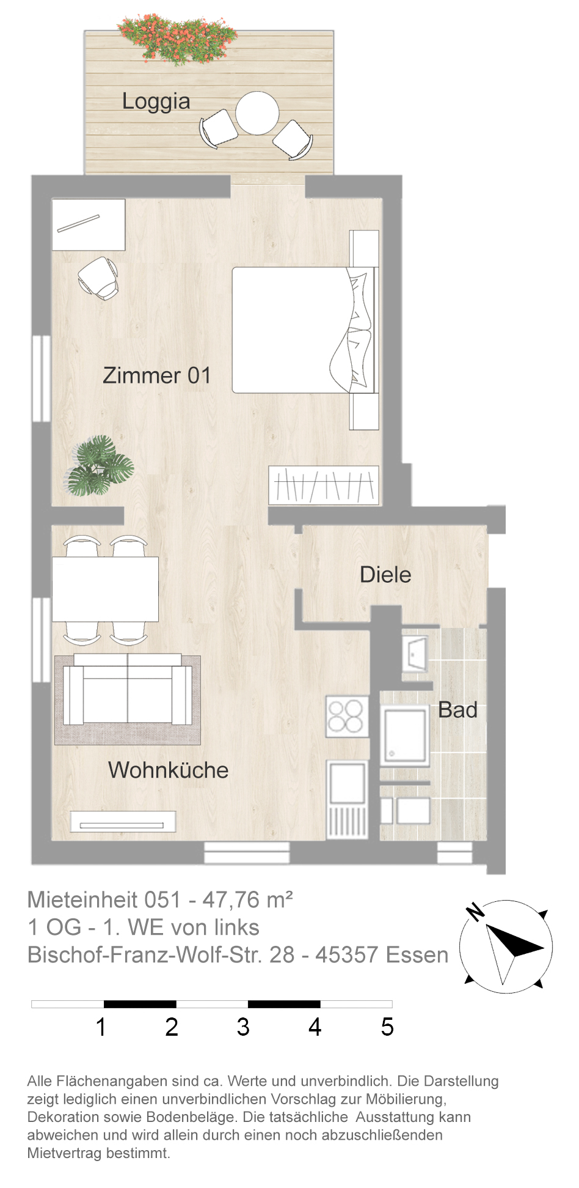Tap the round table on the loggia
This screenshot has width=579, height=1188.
(257, 113)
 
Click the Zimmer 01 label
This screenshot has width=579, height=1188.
(157, 375)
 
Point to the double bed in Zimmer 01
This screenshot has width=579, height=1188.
(305, 330)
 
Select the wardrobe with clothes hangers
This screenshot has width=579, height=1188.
(324, 485)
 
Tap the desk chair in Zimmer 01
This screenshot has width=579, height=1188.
(99, 278)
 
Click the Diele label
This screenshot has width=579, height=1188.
(385, 575)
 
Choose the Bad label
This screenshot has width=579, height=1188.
(457, 710)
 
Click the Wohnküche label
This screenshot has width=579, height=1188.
(168, 770)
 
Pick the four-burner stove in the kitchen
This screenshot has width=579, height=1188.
(347, 716)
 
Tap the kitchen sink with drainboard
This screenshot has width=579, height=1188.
(347, 799)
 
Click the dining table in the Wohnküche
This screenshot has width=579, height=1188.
(105, 589)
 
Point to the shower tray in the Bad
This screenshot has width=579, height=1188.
(404, 736)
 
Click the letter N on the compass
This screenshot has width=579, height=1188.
(475, 912)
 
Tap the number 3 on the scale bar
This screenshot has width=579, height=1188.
(243, 1027)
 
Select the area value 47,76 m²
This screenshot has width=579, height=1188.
(248, 900)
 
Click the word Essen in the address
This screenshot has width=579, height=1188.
(417, 955)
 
